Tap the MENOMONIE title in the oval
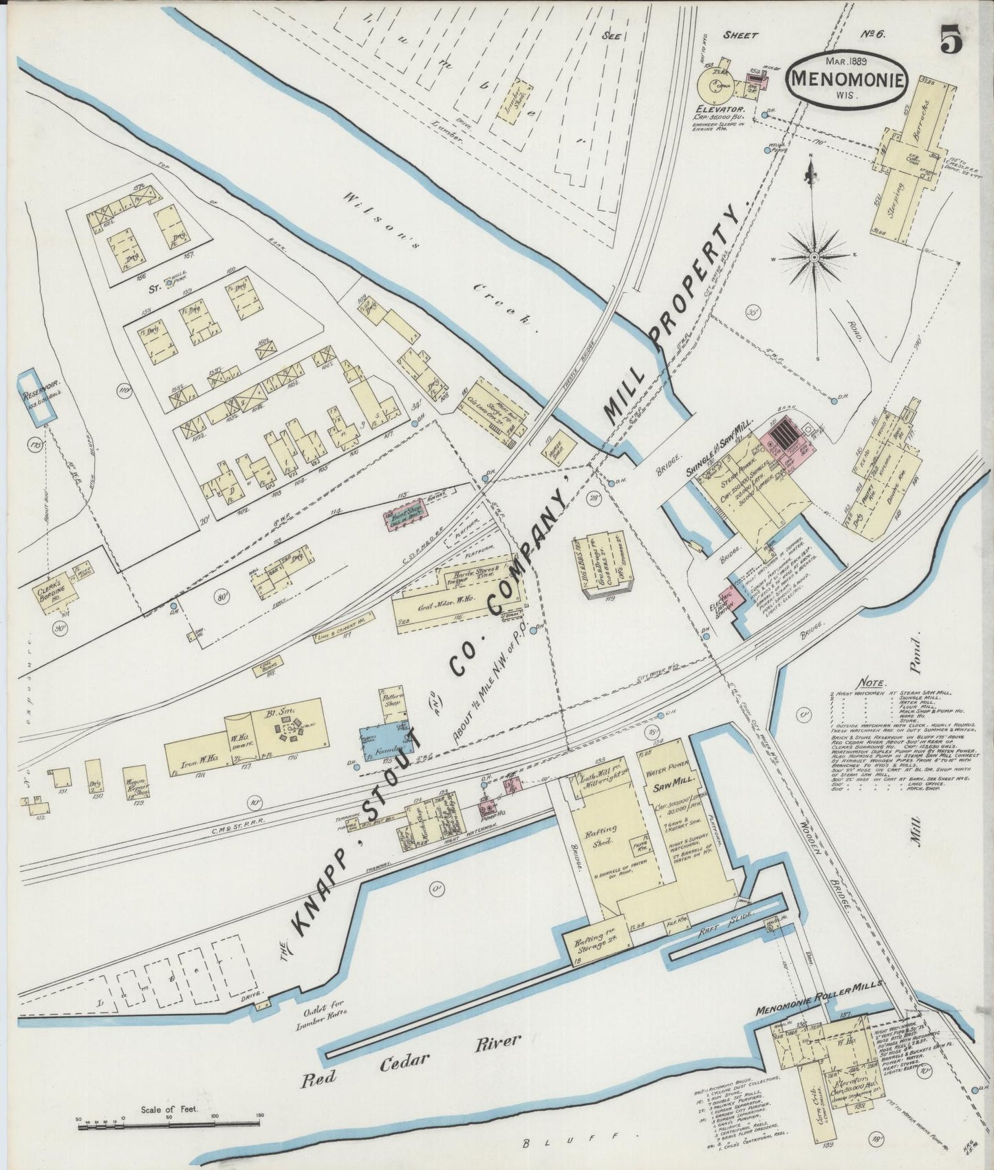(x=846, y=78)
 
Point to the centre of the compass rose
(x=813, y=257)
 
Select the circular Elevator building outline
(x=717, y=86)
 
